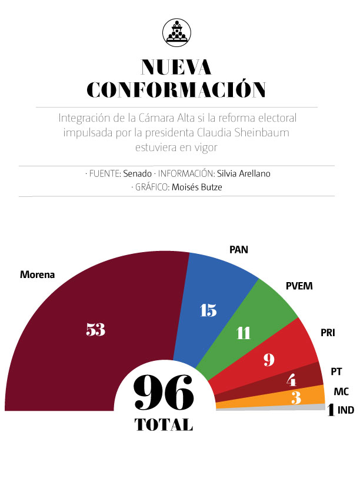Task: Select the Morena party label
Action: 37,274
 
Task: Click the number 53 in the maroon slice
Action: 95,330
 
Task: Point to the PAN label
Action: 238,249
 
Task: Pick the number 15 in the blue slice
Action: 208,310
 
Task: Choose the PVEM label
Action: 299,286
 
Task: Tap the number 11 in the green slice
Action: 243,333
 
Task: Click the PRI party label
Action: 328,333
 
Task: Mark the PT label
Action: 336,371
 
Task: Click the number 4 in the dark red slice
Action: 291,380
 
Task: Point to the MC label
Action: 341,391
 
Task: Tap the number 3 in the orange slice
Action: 296,398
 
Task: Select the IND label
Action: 346,410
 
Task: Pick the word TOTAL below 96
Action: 163,424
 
